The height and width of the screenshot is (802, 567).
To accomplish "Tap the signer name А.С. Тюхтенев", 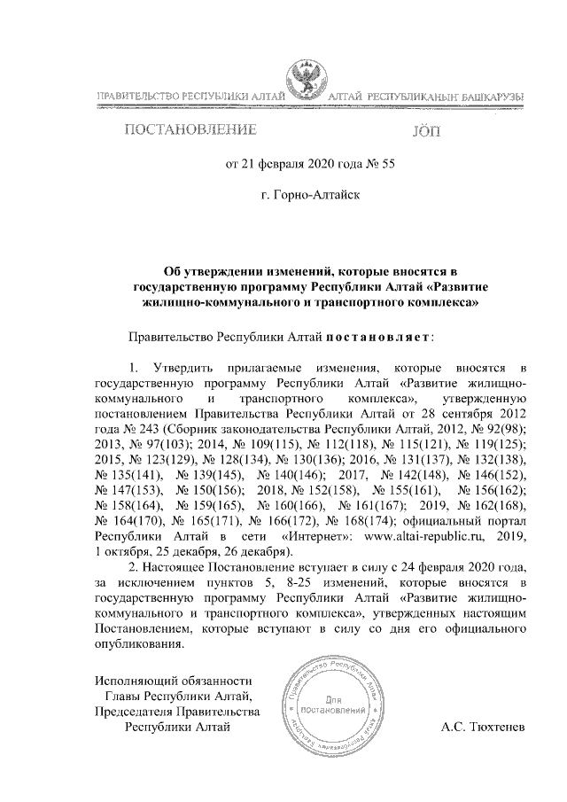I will click(483, 728).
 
